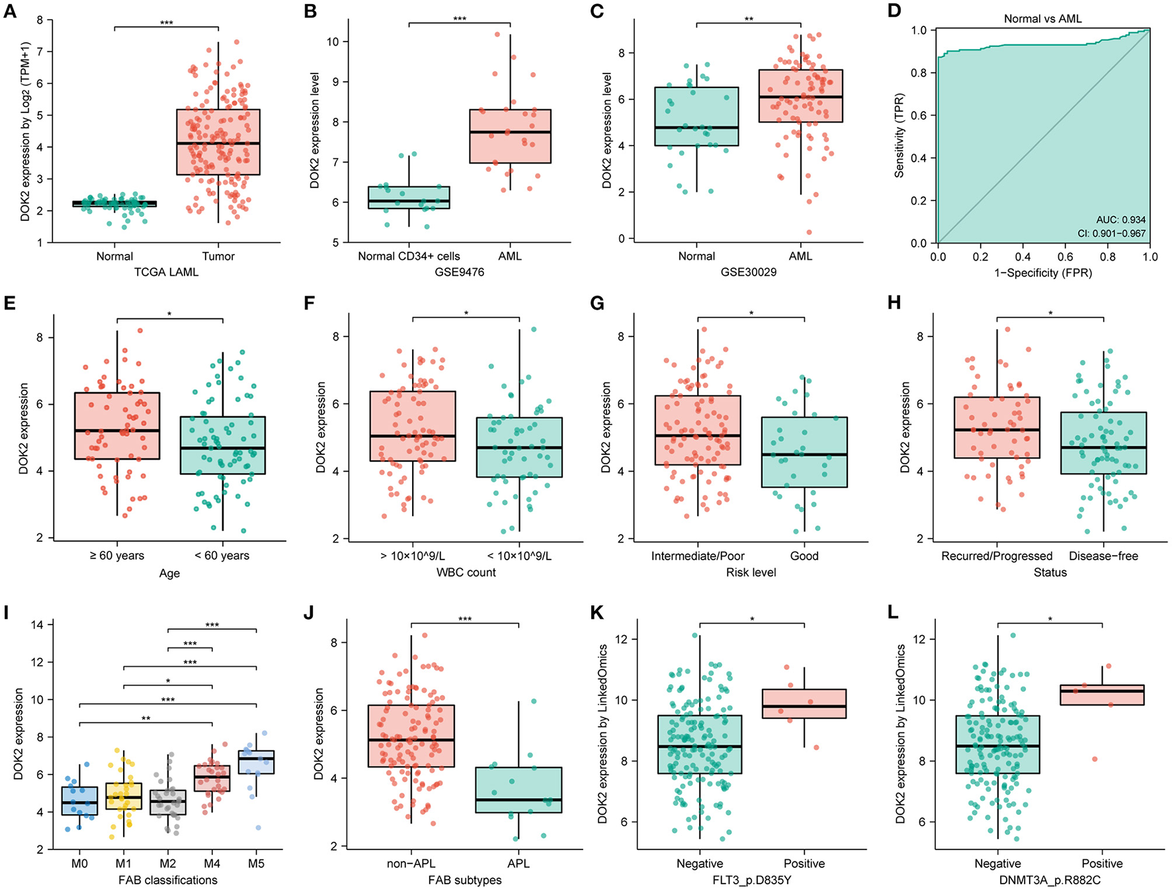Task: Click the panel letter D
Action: (x=895, y=11)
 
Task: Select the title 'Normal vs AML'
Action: (x=1043, y=19)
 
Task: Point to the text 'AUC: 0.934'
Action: (x=1120, y=220)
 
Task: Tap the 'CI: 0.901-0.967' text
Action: (x=1111, y=233)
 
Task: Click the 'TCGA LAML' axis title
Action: (x=167, y=272)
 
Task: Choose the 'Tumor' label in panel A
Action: (x=218, y=256)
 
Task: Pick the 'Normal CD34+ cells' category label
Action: (x=409, y=256)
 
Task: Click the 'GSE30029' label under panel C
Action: (x=749, y=271)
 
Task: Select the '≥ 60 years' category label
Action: (x=117, y=556)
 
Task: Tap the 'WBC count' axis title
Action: (x=466, y=572)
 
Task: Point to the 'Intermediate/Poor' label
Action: (x=698, y=556)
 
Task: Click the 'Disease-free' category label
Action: (x=1103, y=556)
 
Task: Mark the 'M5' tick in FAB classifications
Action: (x=256, y=863)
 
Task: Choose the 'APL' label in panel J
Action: (x=519, y=863)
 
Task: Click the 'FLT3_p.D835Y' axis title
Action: (x=752, y=880)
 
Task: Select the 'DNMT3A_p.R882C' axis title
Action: (x=1050, y=880)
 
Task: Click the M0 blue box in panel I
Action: (x=79, y=801)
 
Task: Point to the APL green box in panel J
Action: (x=519, y=790)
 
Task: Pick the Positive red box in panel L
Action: (x=1102, y=695)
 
